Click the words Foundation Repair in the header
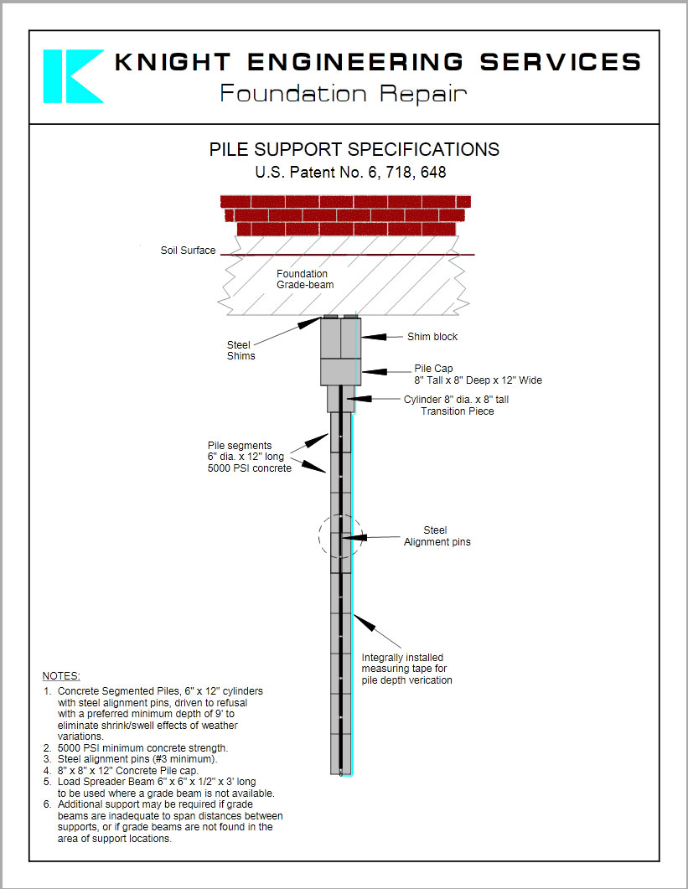pos(343,94)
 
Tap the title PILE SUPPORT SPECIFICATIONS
pos(354,150)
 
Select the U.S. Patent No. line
pos(350,173)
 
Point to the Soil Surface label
pos(188,251)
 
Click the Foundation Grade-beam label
pos(304,280)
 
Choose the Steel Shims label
pos(241,350)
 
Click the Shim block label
pos(432,337)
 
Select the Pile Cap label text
pos(478,375)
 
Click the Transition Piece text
pos(458,411)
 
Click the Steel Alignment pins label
pos(437,536)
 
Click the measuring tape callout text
pos(406,669)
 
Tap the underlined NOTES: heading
pos(61,676)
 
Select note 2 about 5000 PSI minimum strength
pos(142,748)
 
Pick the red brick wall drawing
pos(345,215)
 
